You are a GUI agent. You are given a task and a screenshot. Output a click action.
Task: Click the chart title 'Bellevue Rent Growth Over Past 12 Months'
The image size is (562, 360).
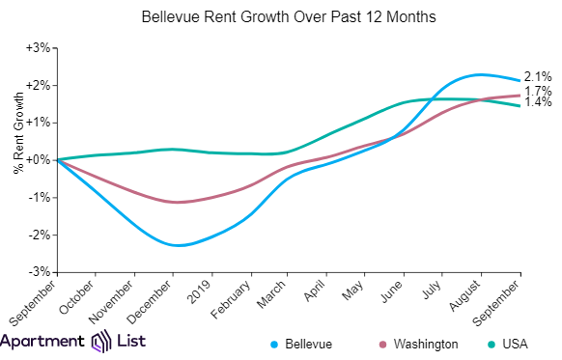coord(281,17)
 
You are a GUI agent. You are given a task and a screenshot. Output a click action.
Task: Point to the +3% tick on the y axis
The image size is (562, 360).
coord(38,47)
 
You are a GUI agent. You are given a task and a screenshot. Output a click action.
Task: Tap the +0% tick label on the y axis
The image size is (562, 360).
coord(38,159)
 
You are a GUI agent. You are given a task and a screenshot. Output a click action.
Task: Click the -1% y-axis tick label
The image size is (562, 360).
coord(39,197)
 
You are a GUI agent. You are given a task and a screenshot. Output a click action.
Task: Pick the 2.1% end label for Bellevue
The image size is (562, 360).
coord(537,77)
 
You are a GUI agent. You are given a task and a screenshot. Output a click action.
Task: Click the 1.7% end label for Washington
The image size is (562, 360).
coord(537,92)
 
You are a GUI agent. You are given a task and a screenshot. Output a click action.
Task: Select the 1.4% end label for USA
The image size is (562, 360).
coord(537,102)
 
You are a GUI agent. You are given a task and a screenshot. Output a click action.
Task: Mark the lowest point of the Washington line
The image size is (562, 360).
coord(174,202)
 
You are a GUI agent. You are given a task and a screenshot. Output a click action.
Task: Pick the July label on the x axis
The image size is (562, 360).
coord(434,289)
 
